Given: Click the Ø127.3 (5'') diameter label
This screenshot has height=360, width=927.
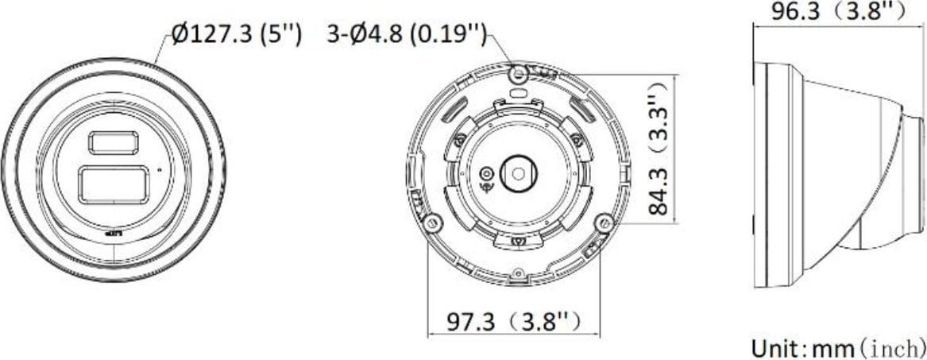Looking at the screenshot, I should pyautogui.click(x=236, y=35).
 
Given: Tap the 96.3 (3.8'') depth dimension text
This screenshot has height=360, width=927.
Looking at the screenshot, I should pyautogui.click(x=840, y=11).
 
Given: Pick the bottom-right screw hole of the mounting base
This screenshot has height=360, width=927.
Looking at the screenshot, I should pyautogui.click(x=604, y=222).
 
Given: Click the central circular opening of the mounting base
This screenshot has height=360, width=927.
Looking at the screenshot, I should pyautogui.click(x=518, y=170).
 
